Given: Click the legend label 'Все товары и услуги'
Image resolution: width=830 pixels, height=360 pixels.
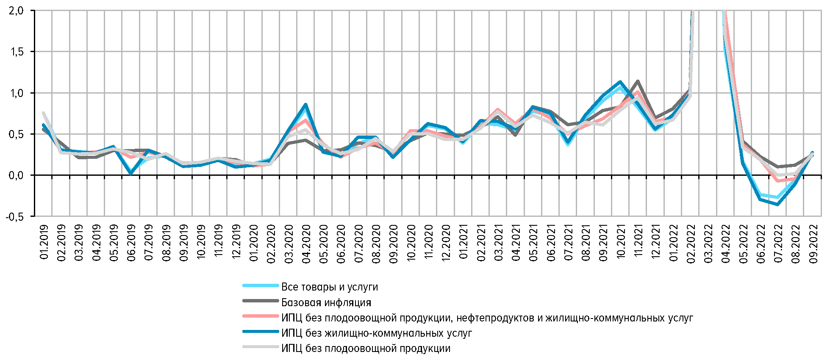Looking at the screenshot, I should (x=329, y=287).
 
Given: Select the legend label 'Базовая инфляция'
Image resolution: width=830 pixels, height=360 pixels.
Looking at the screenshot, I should (x=326, y=302).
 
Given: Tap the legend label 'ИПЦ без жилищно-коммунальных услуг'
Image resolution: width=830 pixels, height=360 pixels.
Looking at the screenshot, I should (x=376, y=333).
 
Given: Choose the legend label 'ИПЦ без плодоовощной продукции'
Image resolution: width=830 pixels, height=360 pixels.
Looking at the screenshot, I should (x=366, y=349).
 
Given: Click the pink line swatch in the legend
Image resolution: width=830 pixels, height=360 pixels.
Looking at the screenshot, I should (x=260, y=316).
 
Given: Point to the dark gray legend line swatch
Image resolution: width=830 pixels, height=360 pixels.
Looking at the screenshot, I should (x=260, y=301).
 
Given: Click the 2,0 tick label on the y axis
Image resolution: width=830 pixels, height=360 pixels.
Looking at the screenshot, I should (x=16, y=11).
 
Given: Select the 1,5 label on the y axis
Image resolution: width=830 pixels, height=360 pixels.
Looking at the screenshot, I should (x=16, y=52).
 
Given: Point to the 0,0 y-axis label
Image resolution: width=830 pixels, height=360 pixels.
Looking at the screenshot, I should (x=16, y=175).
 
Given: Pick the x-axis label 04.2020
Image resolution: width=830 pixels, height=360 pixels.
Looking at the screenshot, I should (x=306, y=244).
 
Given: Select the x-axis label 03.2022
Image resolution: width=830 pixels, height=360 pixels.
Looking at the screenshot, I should (x=708, y=244).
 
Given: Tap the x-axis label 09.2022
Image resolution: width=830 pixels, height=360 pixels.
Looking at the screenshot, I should (x=813, y=244).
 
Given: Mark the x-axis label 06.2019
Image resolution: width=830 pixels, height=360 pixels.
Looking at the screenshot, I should (x=131, y=244).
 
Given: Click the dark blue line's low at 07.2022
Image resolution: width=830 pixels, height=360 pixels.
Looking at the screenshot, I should (x=778, y=204).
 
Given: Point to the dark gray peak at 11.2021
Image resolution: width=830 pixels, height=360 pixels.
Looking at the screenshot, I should (x=638, y=81).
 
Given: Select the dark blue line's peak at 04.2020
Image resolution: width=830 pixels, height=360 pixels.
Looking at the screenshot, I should (x=305, y=104).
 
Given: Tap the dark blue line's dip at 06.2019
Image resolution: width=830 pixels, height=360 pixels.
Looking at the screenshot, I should (x=131, y=173).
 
